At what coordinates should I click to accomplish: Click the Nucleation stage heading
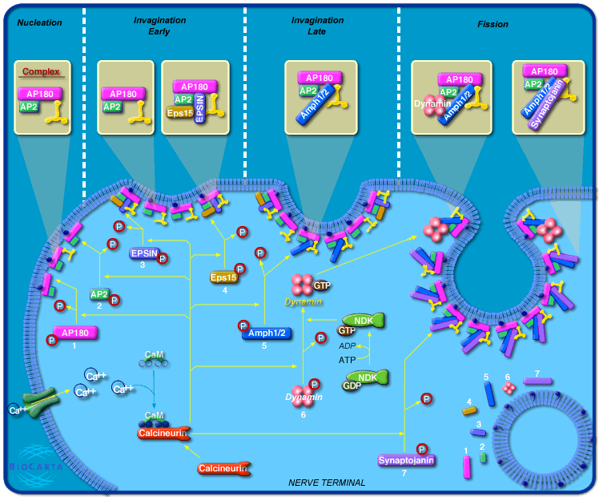pyautogui.click(x=39, y=22)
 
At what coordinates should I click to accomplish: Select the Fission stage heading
pyautogui.click(x=492, y=24)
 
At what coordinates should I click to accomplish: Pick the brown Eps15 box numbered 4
pyautogui.click(x=224, y=277)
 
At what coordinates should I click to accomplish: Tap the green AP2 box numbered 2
pyautogui.click(x=100, y=294)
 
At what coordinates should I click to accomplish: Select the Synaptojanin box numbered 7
pyautogui.click(x=405, y=460)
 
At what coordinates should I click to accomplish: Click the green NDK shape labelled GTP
pyautogui.click(x=364, y=321)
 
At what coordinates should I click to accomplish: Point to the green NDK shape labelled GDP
pyautogui.click(x=368, y=378)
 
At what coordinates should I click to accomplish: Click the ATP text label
pyautogui.click(x=347, y=360)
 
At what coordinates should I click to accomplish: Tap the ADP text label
pyautogui.click(x=347, y=345)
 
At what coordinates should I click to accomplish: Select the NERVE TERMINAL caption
pyautogui.click(x=327, y=483)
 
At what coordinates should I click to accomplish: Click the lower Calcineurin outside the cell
pyautogui.click(x=223, y=468)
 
